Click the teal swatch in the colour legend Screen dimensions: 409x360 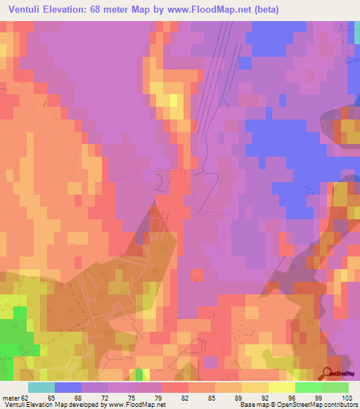41,387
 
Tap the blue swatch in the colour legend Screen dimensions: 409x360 68,387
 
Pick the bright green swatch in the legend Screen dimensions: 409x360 309,387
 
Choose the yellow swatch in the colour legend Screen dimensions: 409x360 255,387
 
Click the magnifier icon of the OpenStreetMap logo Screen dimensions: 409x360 328,372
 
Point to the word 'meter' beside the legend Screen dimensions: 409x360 10,398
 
